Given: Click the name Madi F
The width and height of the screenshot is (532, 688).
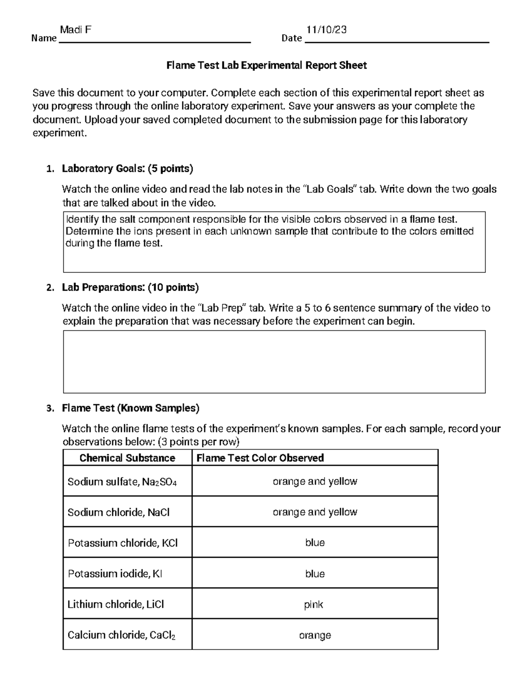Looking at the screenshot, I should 76,30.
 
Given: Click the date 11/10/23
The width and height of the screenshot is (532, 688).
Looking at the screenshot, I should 326,30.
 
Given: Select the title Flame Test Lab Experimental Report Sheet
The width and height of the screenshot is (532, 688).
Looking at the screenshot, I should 266,66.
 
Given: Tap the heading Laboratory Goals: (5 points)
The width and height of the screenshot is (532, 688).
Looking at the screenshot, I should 127,168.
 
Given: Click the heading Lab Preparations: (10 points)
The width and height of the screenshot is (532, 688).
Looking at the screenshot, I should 130,288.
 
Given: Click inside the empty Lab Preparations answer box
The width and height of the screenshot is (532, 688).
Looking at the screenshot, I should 274,361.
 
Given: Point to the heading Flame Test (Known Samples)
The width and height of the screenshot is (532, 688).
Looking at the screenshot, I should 130,408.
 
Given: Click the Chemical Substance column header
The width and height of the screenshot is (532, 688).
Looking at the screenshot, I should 127,458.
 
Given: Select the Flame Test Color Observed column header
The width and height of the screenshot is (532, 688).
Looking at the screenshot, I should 260,458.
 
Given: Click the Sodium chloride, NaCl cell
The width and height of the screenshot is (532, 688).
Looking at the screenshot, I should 118,513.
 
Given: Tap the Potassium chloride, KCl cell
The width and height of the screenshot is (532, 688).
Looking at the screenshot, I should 122,543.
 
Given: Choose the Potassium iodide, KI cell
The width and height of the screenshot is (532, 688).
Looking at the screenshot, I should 115,574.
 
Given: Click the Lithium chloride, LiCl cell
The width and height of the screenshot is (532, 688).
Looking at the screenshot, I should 116,604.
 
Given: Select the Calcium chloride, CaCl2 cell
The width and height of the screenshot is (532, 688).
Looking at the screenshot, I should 121,635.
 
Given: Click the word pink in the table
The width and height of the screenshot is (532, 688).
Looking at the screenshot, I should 313,605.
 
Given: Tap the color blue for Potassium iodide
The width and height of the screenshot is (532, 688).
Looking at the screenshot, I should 315,574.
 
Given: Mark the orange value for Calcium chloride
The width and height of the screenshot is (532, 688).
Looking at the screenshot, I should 315,635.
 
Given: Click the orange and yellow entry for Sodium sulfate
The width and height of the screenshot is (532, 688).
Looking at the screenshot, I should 315,482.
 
